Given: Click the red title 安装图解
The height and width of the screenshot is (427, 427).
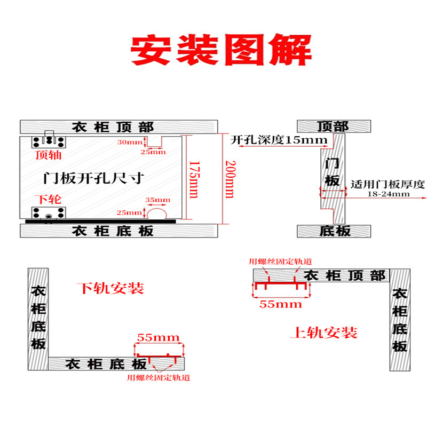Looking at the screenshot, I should tap(221, 50).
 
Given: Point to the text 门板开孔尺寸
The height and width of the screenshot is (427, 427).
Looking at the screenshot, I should tap(93, 177).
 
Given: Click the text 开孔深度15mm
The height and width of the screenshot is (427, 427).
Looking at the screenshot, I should tap(279, 140).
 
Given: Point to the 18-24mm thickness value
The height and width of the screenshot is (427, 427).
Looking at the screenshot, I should tap(388, 194).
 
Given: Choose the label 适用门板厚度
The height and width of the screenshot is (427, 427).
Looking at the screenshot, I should tap(388, 185).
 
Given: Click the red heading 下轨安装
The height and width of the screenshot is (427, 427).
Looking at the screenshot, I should tap(110, 289).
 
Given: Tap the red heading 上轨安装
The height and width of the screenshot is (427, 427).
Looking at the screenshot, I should tap(323, 333).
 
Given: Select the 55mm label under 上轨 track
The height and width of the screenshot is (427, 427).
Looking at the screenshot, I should tap(280, 304).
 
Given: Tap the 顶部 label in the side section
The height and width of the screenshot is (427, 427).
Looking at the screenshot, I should tap(333, 126).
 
